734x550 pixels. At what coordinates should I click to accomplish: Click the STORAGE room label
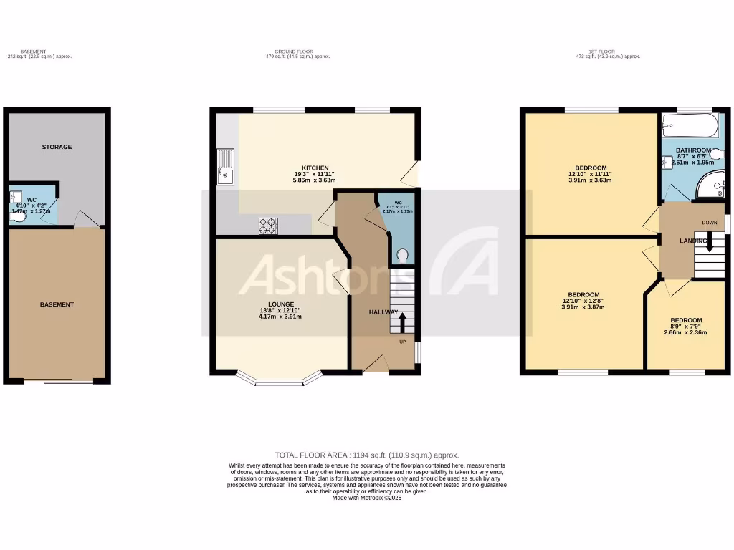click(x=57, y=147)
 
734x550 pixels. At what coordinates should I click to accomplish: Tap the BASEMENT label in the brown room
click(x=57, y=304)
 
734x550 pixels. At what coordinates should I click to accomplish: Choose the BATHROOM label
click(x=693, y=150)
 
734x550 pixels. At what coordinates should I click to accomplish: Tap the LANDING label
click(x=693, y=241)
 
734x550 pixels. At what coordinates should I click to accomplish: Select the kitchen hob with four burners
click(x=268, y=226)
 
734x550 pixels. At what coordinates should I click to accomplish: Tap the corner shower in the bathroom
click(x=712, y=185)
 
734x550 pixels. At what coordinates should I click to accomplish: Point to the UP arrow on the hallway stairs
click(x=401, y=322)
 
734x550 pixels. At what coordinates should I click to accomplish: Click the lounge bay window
click(x=280, y=380)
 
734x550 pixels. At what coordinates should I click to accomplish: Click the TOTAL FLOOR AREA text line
click(x=367, y=455)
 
